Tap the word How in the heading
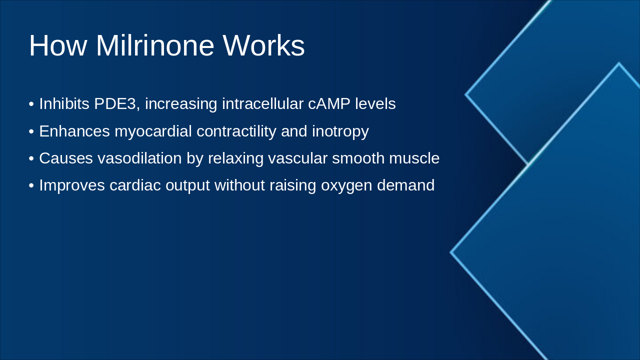pyautogui.click(x=58, y=45)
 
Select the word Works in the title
pyautogui.click(x=263, y=45)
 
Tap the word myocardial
pyautogui.click(x=153, y=131)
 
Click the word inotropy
pyautogui.click(x=340, y=131)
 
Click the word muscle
pyautogui.click(x=416, y=158)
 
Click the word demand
pyautogui.click(x=405, y=185)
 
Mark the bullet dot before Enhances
pyautogui.click(x=31, y=131)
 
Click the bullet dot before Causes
pyautogui.click(x=31, y=158)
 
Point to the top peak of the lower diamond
pyautogui.click(x=618, y=63)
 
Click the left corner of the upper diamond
pyautogui.click(x=466, y=94)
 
